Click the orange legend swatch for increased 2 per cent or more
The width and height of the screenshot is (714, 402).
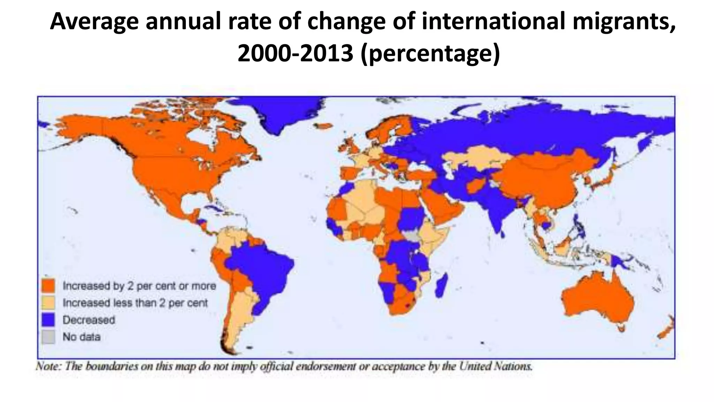click(48, 285)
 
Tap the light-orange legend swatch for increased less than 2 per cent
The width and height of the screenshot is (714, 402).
click(48, 303)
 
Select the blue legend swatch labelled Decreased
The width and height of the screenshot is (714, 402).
click(48, 320)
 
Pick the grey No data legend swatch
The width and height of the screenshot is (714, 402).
click(48, 337)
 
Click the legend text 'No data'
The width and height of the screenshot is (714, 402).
click(82, 337)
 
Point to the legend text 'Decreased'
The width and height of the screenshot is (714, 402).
click(89, 320)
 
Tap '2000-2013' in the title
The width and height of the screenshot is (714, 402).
click(295, 54)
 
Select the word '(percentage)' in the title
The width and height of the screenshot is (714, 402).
click(430, 54)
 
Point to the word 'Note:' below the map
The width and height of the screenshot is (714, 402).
click(47, 366)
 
